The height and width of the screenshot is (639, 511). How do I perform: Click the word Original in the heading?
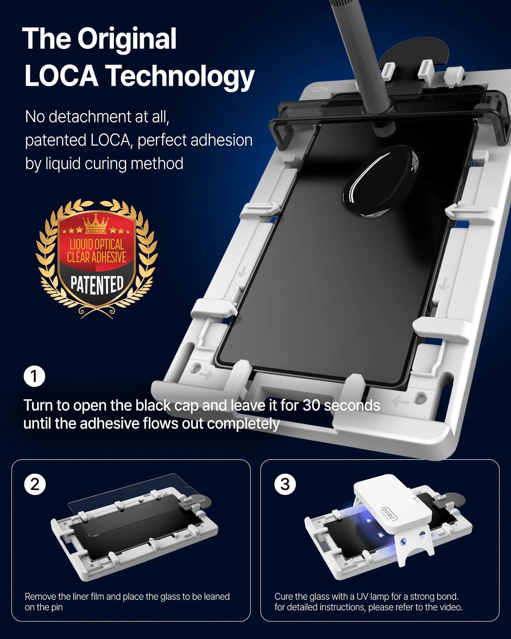(127, 39)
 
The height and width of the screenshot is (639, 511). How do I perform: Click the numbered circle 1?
(34, 376)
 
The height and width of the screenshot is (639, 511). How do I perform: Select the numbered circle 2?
(35, 485)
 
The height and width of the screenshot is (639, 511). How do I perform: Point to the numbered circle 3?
(285, 485)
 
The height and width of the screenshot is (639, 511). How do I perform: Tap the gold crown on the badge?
(96, 224)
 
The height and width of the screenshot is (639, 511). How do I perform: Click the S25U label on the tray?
(322, 89)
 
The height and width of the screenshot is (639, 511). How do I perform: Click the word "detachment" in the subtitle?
(90, 117)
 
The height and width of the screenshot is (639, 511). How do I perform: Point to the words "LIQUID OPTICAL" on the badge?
(97, 244)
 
